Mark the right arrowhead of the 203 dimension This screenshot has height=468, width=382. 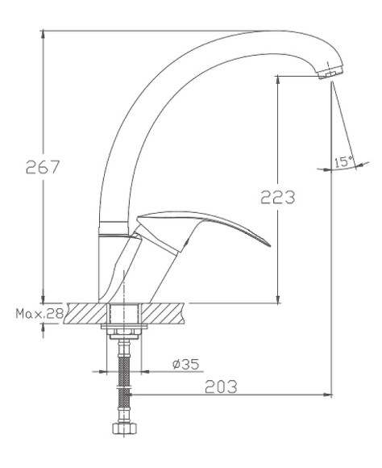pyautogui.click(x=329, y=395)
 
